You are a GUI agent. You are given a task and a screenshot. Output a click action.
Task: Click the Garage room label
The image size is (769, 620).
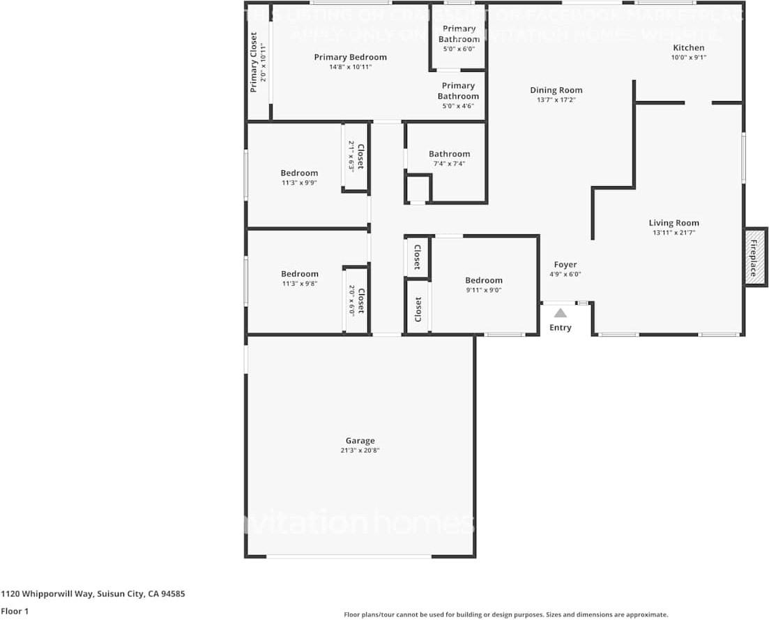click(x=360, y=441)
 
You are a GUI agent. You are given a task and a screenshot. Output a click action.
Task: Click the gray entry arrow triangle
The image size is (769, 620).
click(x=561, y=313)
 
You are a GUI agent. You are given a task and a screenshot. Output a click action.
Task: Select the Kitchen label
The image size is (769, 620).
click(x=688, y=47)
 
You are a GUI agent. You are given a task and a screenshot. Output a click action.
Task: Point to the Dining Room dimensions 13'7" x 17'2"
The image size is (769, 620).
click(x=556, y=100)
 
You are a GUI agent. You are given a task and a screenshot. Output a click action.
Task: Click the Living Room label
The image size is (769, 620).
click(x=673, y=223)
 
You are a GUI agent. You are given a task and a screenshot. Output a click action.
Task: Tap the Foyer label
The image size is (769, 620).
click(x=565, y=264)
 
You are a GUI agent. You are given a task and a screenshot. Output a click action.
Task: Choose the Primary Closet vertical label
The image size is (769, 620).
click(x=254, y=62)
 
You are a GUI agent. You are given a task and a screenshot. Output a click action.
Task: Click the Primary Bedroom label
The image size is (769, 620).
click(x=350, y=57)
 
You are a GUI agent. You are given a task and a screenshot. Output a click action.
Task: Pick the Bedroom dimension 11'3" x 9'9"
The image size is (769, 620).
click(x=299, y=183)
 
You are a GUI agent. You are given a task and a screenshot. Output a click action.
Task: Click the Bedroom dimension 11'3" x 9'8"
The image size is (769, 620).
click(x=299, y=284)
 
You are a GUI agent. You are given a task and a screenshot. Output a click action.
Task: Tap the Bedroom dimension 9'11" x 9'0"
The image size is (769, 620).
click(x=484, y=290)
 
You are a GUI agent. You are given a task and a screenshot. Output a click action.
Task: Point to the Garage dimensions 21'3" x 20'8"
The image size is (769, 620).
click(x=360, y=451)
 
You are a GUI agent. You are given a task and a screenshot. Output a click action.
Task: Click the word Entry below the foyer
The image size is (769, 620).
click(x=560, y=328)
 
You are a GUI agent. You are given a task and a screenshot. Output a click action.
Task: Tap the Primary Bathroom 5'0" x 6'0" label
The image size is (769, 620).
click(x=458, y=38)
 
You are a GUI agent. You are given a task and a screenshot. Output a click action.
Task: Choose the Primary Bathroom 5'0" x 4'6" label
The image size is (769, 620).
click(x=458, y=96)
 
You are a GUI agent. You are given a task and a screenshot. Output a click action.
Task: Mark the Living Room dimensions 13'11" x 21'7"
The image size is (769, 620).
click(x=673, y=233)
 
